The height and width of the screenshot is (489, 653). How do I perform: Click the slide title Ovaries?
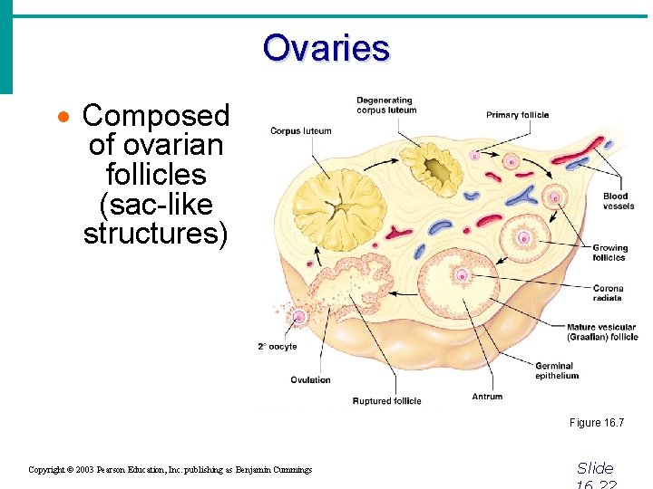coord(326,47)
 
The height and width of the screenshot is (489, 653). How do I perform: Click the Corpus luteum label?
coord(301,131)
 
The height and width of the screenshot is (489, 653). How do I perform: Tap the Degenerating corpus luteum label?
coord(386,105)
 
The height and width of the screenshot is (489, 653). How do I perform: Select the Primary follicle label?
coord(517,115)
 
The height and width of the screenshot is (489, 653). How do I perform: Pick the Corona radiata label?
coord(608,293)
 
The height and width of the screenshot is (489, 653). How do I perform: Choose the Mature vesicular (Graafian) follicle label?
coord(602,331)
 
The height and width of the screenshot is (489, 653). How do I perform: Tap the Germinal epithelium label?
coord(556,371)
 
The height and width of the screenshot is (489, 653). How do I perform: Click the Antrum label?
coord(487,397)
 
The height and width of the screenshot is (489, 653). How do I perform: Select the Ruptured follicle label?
coord(386,401)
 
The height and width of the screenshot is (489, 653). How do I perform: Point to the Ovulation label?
coord(310,379)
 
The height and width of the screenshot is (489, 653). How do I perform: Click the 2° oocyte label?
coord(277,347)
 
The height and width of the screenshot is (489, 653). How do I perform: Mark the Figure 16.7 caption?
coord(596,423)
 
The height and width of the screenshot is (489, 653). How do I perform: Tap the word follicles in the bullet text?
coord(156,174)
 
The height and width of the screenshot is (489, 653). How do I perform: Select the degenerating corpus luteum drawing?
coord(433,168)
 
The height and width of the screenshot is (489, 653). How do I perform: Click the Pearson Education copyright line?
coord(170,469)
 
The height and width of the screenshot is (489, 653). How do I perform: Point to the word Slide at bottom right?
coord(595,468)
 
